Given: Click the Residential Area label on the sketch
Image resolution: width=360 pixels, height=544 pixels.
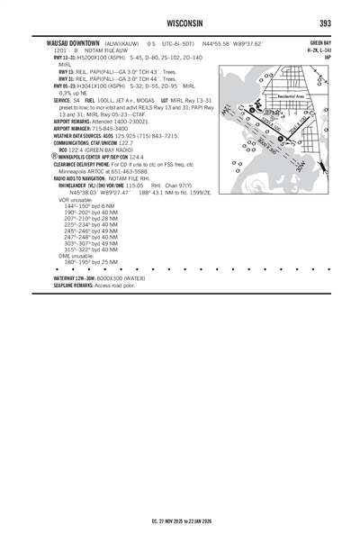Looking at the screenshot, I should coord(290,95).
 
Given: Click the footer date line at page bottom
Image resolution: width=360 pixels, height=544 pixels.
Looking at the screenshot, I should coord(180,520).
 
